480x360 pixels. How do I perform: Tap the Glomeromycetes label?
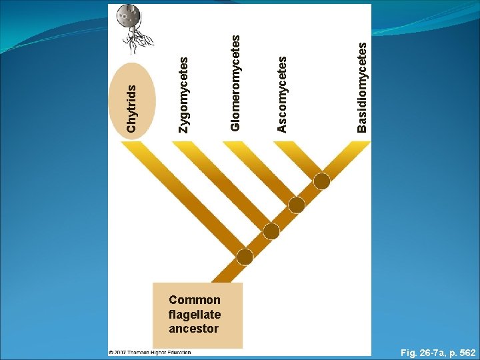pos(235,82)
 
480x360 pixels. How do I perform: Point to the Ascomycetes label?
pos(282,93)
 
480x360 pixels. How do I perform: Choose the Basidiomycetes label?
pos(361,87)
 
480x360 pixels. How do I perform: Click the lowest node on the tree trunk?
pos(245,257)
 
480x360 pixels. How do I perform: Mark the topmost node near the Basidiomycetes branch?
pos(322,181)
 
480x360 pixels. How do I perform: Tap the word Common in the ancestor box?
pos(195,300)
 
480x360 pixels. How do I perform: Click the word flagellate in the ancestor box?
pos(195,314)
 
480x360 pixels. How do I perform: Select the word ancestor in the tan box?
pos(193,329)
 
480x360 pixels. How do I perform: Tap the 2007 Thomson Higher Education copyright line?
pos(151,352)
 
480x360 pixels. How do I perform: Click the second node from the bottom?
pos(271,231)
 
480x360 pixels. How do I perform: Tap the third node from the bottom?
pos(297,206)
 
